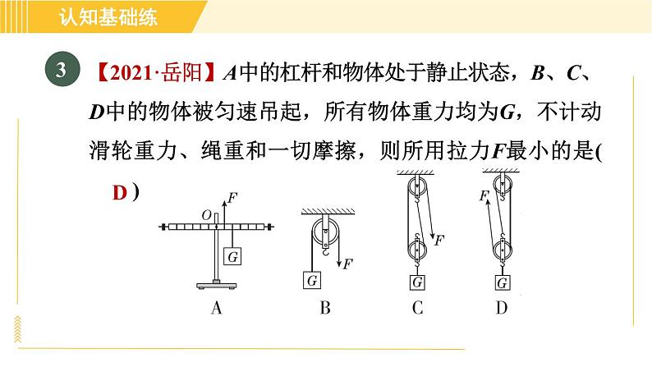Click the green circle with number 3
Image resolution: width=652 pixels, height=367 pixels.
(x=62, y=69)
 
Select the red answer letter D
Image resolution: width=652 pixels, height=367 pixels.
(x=120, y=193)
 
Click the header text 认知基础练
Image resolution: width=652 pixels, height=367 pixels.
(x=108, y=16)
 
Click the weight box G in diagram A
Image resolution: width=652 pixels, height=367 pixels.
(x=232, y=256)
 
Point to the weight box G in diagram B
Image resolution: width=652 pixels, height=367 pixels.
(x=312, y=280)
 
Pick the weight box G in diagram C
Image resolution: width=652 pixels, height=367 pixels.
(x=417, y=282)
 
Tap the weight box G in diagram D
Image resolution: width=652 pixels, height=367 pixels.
(x=503, y=282)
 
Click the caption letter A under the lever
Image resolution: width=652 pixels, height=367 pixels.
(x=216, y=308)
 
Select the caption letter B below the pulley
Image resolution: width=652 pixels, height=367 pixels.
(x=325, y=308)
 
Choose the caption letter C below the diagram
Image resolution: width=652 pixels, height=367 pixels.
(x=417, y=308)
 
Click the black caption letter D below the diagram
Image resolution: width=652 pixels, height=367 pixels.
(x=502, y=308)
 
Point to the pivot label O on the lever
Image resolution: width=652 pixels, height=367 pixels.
(x=207, y=215)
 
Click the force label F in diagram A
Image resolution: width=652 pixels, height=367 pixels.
(x=232, y=198)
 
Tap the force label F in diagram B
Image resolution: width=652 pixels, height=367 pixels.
(x=347, y=264)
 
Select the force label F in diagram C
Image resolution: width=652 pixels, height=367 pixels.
(x=439, y=240)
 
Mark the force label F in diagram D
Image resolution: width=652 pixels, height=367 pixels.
(x=484, y=195)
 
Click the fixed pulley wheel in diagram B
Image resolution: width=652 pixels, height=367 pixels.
(x=325, y=232)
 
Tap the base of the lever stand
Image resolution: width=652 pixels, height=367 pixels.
(x=216, y=285)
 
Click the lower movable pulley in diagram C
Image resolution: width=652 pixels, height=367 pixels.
(x=416, y=250)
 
